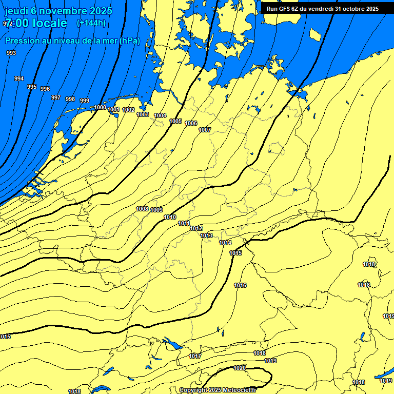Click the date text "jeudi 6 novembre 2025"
pos(58,11)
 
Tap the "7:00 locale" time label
pos(36,23)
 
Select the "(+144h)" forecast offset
pos(91,23)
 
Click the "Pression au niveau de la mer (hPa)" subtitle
pos(72,41)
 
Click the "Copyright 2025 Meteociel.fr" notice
pos(218,390)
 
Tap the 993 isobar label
pos(11,53)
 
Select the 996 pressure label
pos(45,89)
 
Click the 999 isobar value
pos(85,101)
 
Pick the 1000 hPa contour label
pos(100,107)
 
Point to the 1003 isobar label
pos(143,114)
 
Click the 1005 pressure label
pos(175,121)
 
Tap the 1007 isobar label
pos(205,130)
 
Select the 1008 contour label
pos(142,209)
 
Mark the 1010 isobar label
pos(170,218)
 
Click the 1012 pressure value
pos(196,228)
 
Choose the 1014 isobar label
pos(225,243)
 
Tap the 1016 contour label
pos(240,285)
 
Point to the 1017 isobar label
pos(195,356)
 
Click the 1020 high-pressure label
pos(240,368)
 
